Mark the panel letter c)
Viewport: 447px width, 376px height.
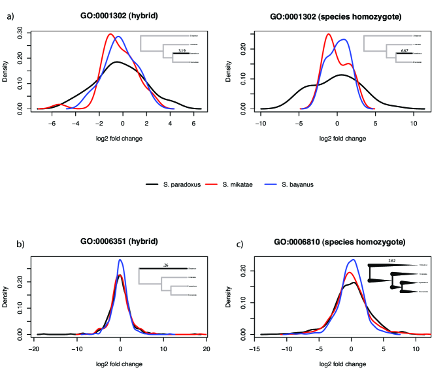pos(240,244)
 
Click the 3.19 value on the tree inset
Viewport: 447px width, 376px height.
pos(182,49)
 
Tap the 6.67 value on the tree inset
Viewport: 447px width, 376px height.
pos(405,49)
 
